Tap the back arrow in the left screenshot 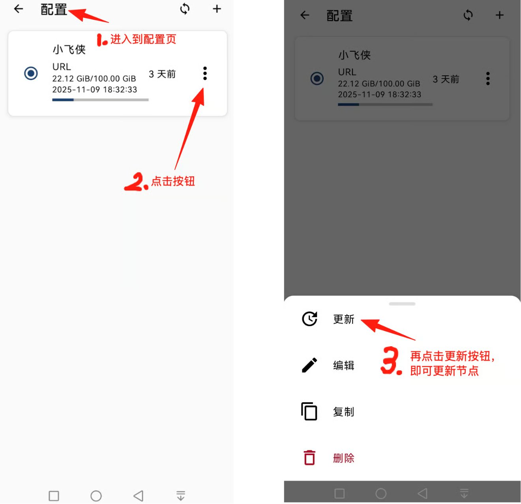click(x=19, y=9)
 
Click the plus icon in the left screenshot click(x=217, y=9)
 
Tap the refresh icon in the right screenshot click(x=468, y=15)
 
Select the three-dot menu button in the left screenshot click(x=205, y=73)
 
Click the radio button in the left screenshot click(x=31, y=73)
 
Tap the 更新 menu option click(x=343, y=319)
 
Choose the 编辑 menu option click(x=343, y=365)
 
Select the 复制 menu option click(x=343, y=411)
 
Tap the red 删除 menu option click(x=343, y=458)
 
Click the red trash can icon click(x=309, y=457)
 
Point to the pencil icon click(x=309, y=365)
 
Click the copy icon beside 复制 click(x=309, y=411)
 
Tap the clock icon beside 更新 click(x=309, y=319)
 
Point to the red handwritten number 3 click(x=390, y=360)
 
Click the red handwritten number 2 click(x=133, y=182)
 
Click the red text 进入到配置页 click(x=143, y=39)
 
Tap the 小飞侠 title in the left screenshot click(x=69, y=49)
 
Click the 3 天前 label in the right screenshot click(x=446, y=79)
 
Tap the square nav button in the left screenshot click(x=54, y=495)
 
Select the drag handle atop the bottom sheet click(x=402, y=304)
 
